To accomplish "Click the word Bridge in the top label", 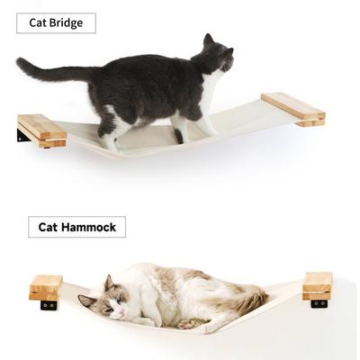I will coord(67,22).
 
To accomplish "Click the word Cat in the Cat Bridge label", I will coord(38,22).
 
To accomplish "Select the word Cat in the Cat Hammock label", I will coord(48,227).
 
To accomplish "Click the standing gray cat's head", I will coord(216,56).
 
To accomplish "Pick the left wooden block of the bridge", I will coord(41,130).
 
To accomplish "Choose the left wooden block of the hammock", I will coord(45,286).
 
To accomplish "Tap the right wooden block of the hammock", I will coord(317,284).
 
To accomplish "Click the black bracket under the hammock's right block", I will coord(319,303).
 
